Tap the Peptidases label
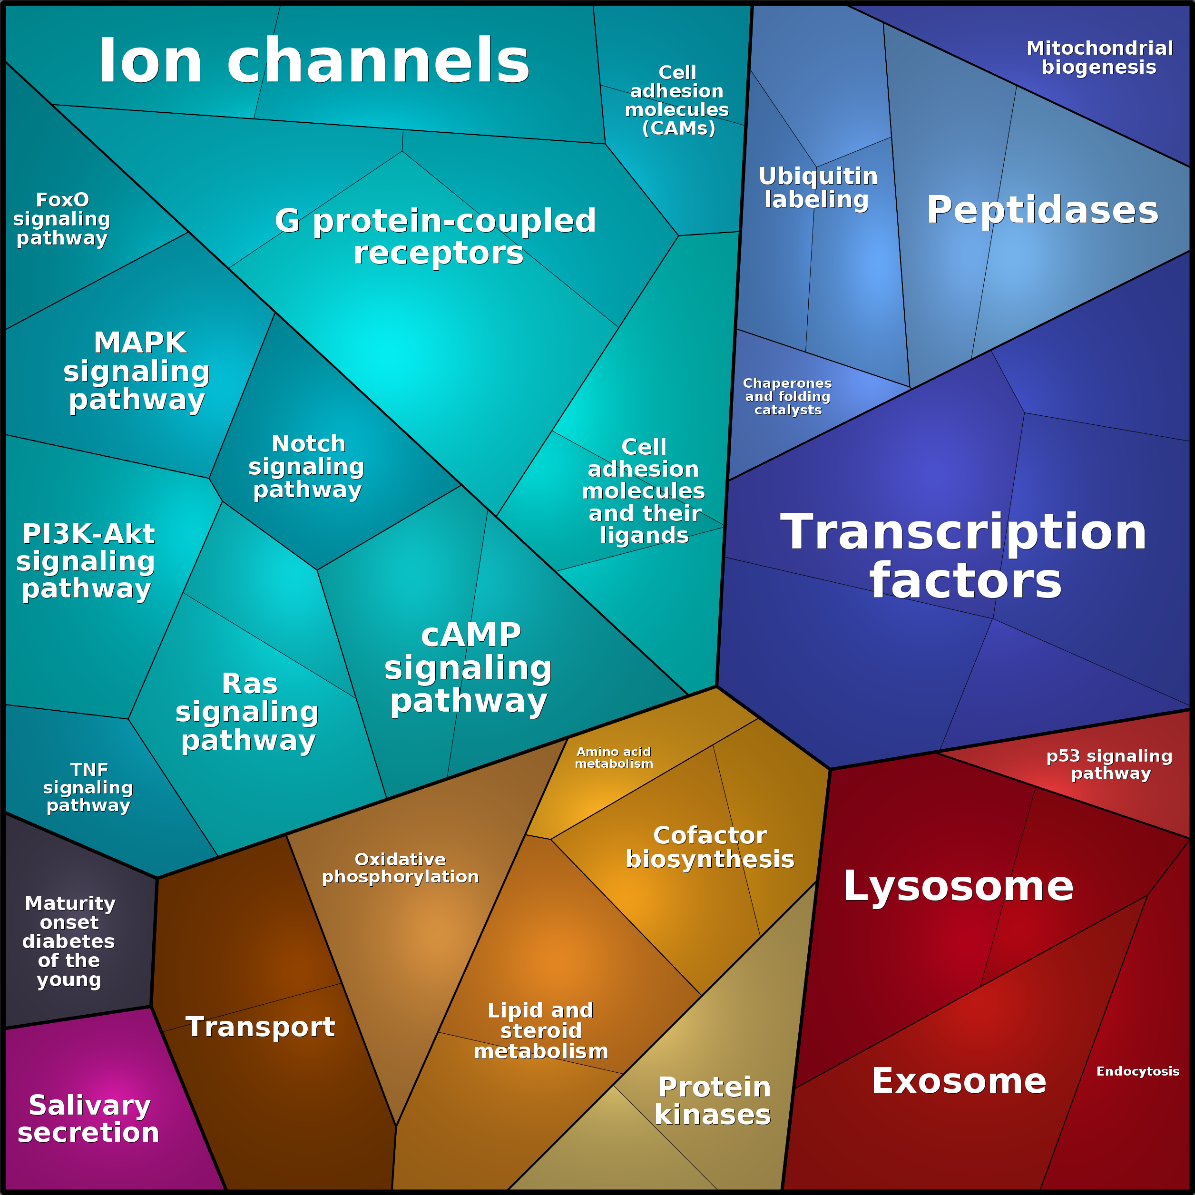pos(1042,210)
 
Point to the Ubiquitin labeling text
pos(818,187)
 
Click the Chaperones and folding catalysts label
pos(787,396)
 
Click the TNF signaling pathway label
pos(88,787)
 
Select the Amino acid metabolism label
pos(614,758)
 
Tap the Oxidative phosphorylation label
pos(400,868)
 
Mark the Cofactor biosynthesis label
pos(710,847)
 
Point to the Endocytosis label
pos(1138,1071)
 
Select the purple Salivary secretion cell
pos(93,1107)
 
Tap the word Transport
pos(260,1027)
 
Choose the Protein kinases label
pos(713,1100)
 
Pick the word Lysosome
pos(958,886)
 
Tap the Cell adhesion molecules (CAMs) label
pos(677,100)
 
